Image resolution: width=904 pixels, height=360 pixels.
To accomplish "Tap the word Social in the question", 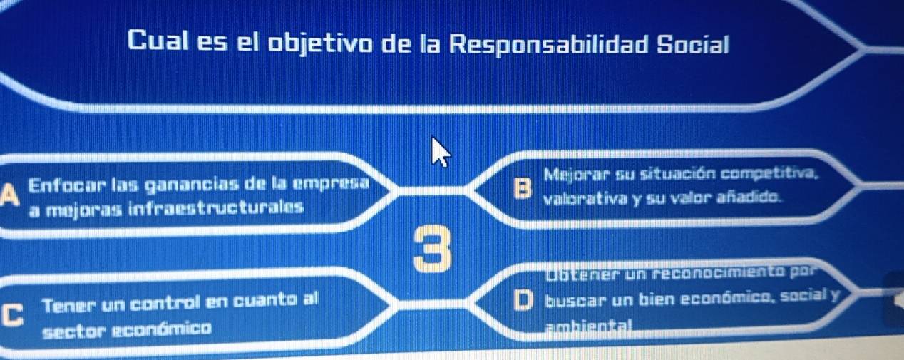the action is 693,44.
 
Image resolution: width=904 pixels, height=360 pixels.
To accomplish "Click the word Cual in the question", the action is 158,41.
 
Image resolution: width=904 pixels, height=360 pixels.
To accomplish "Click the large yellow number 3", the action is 433,249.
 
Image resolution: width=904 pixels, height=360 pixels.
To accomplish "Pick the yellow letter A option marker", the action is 9,195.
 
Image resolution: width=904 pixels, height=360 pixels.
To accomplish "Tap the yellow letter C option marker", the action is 11,315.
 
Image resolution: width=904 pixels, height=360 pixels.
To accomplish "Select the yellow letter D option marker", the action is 524,301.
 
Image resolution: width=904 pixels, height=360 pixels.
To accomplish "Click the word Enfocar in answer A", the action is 67,185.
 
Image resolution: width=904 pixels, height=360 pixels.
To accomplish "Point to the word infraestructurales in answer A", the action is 216,208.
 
